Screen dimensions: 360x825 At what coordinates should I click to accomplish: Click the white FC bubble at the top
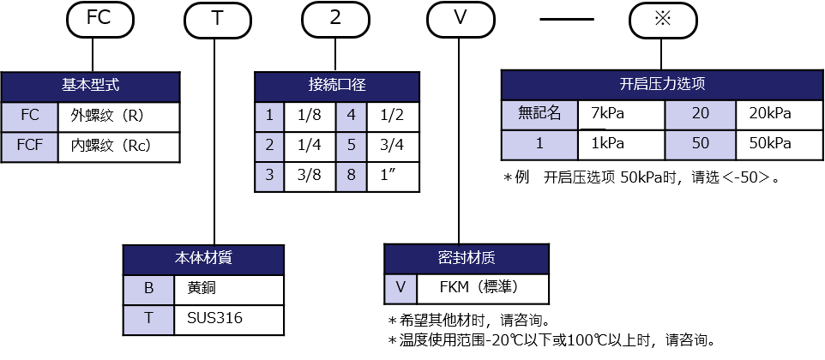99,19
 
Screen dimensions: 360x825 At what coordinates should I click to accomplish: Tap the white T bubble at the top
217,19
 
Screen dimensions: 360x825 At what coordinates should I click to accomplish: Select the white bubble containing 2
335,19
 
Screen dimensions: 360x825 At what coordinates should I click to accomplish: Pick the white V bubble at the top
461,19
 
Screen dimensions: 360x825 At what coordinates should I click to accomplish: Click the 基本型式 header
90,87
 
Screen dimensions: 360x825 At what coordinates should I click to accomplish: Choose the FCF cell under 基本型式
29,146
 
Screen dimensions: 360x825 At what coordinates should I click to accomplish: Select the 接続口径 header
337,87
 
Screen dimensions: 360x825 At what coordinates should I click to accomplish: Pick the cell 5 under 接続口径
352,145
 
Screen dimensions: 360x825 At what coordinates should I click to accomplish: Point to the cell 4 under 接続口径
352,116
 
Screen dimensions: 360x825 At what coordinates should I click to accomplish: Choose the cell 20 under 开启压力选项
700,114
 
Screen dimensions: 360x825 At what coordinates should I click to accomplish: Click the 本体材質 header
203,260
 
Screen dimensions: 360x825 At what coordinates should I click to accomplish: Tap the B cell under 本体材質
148,289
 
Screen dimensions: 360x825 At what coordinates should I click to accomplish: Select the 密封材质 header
467,259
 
